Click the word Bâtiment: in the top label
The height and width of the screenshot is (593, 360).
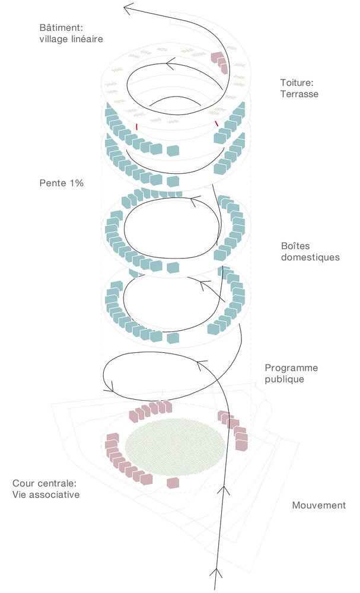(60, 28)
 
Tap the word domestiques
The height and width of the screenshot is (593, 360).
(311, 257)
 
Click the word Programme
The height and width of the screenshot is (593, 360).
(291, 368)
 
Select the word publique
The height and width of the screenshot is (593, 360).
(285, 379)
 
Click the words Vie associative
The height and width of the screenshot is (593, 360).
(46, 495)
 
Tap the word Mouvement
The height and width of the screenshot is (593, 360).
(318, 505)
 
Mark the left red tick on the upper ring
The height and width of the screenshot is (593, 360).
(137, 126)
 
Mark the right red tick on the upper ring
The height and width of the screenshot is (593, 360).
(217, 122)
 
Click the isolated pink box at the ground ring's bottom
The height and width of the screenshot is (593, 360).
(172, 483)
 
